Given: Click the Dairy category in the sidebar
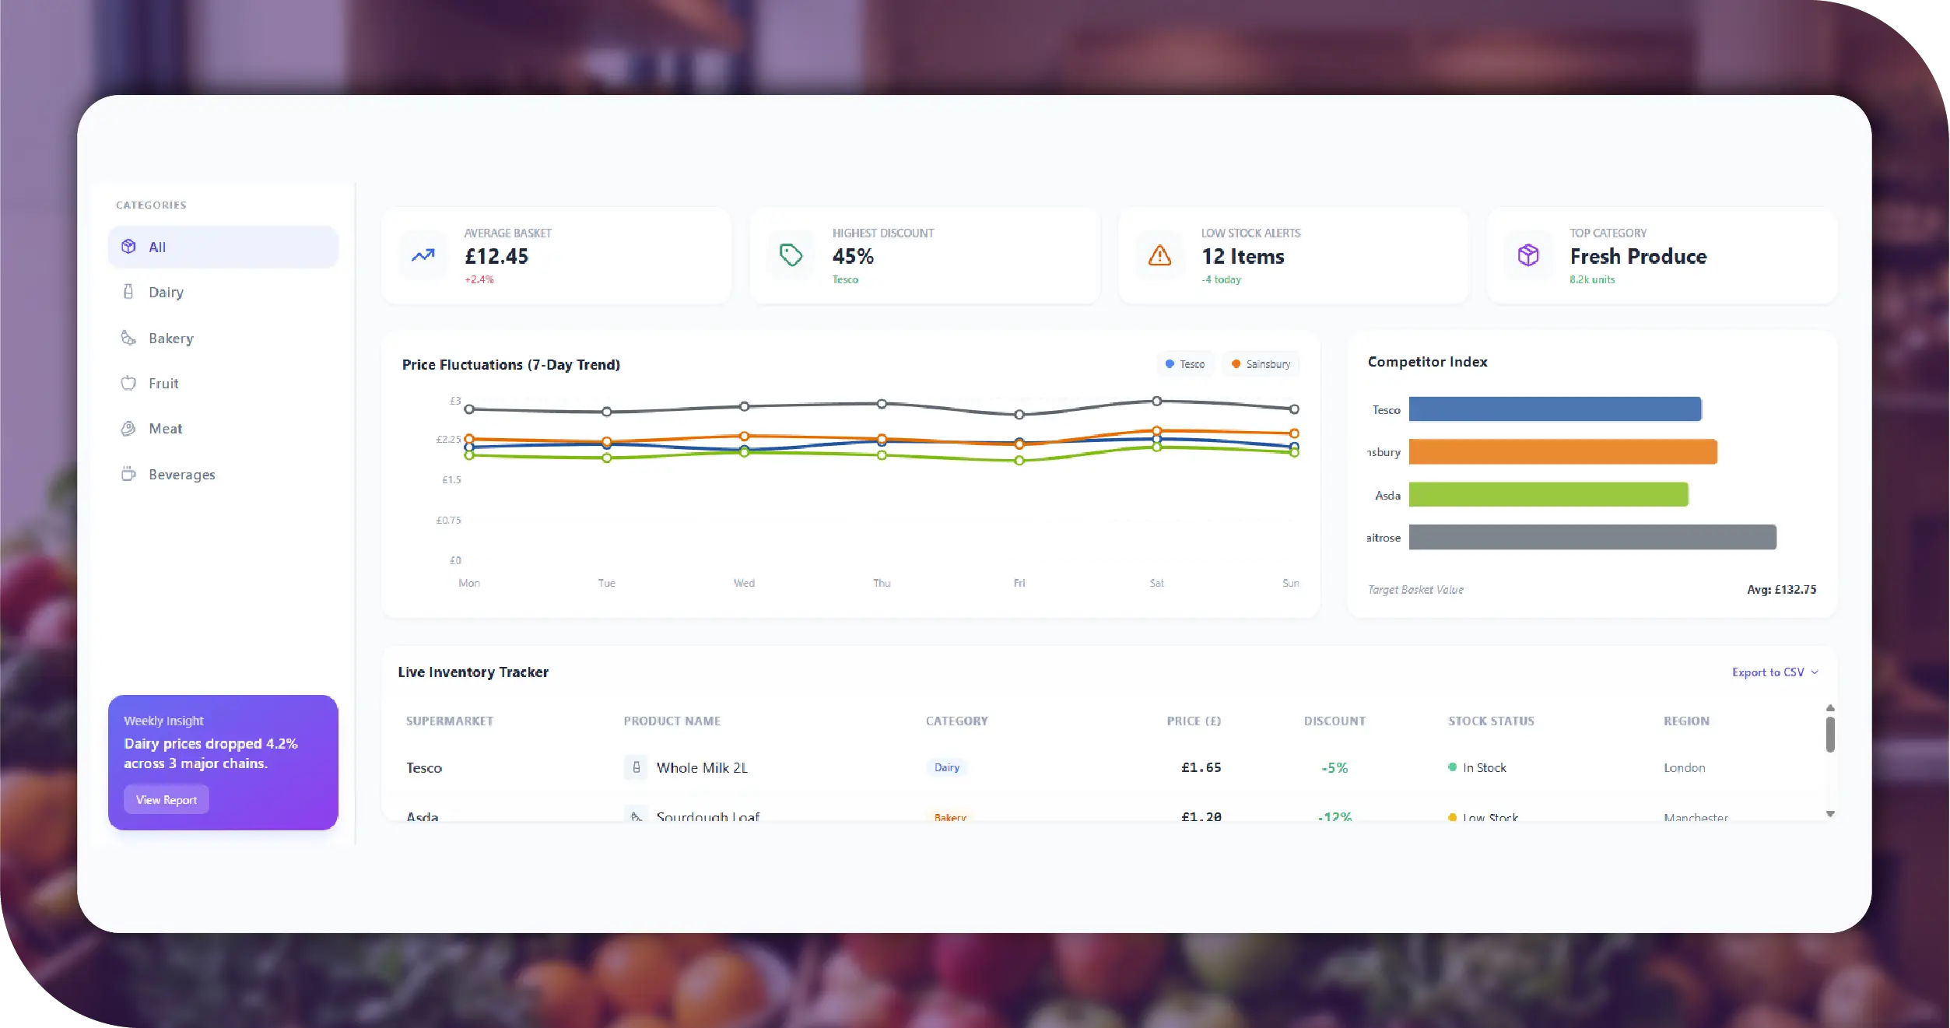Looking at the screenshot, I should [x=165, y=293].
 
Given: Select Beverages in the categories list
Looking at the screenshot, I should [x=181, y=475].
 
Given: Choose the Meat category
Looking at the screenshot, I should [x=165, y=429].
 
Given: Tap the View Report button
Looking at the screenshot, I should [x=167, y=800].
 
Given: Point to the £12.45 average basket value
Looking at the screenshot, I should [x=496, y=257].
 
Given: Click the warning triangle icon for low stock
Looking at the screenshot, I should [x=1159, y=255].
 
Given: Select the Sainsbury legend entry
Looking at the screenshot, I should [x=1261, y=364].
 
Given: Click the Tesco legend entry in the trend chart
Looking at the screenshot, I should [x=1185, y=364].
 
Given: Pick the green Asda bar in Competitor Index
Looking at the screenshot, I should [x=1548, y=495].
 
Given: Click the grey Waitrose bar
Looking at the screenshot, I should [x=1592, y=537].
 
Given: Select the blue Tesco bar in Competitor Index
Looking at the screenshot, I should [x=1555, y=409].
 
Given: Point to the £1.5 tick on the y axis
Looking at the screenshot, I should [x=451, y=480].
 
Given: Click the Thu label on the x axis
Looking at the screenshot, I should [x=882, y=583].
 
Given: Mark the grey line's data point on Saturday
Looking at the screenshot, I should [x=1157, y=402].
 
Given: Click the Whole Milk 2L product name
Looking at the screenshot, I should [x=702, y=768].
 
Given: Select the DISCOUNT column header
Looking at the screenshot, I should [x=1334, y=721].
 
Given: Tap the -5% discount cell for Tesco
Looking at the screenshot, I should [x=1334, y=768].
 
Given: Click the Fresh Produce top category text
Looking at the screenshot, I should [x=1638, y=257].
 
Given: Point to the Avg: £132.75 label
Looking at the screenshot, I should [x=1781, y=590].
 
